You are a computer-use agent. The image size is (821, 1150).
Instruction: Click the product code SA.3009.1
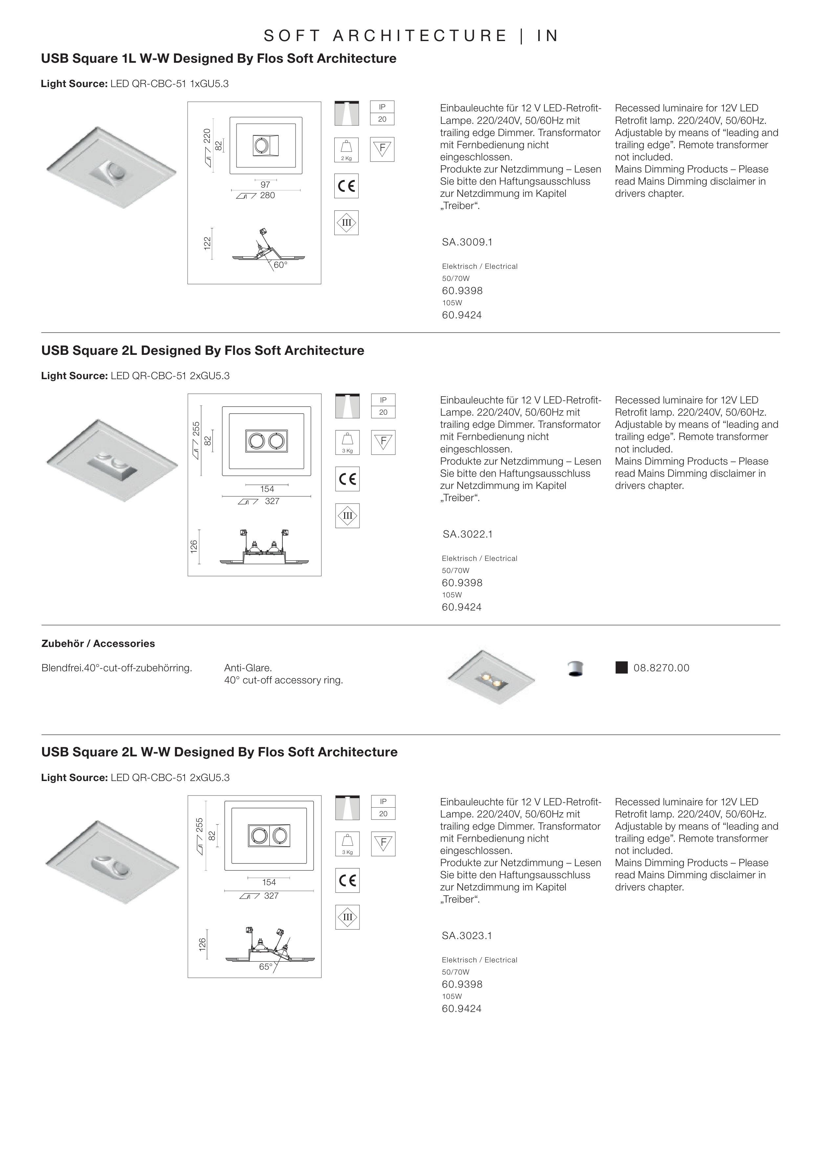(467, 242)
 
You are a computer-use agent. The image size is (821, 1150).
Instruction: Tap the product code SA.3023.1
(467, 935)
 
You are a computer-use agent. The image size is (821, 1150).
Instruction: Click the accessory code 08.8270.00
(661, 668)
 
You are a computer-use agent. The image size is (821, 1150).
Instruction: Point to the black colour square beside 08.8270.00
(621, 668)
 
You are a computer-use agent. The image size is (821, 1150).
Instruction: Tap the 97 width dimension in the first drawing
(265, 185)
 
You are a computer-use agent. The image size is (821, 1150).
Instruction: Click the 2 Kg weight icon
(346, 150)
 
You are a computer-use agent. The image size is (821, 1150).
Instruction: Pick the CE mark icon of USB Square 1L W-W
(346, 186)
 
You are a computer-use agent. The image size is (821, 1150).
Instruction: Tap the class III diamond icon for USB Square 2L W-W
(347, 917)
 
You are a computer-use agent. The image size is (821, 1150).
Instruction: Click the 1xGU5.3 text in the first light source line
(209, 84)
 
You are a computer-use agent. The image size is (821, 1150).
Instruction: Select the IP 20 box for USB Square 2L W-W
(383, 808)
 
